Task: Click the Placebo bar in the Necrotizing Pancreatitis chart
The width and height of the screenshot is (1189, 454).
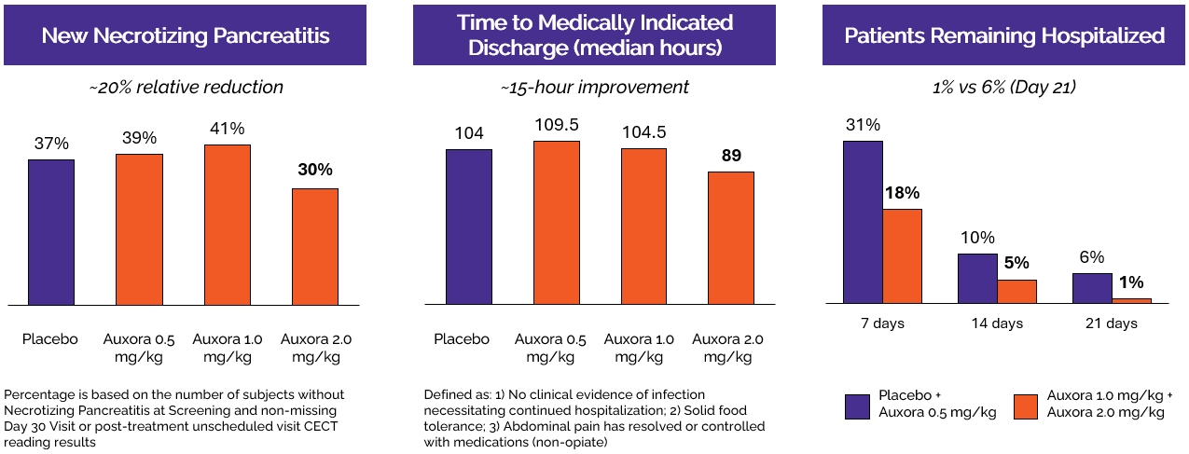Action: click(x=50, y=232)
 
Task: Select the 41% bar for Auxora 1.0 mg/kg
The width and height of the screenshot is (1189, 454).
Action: click(x=227, y=225)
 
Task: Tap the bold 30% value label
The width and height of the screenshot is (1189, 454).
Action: click(x=315, y=170)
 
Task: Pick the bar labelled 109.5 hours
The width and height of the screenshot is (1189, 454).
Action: click(x=556, y=223)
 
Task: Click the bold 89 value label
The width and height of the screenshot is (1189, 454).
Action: click(x=731, y=155)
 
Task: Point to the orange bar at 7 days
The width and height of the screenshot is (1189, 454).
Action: click(x=902, y=256)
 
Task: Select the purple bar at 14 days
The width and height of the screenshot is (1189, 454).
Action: click(x=978, y=279)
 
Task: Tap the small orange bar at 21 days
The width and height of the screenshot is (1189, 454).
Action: click(x=1132, y=300)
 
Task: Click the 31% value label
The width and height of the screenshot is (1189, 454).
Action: click(x=863, y=125)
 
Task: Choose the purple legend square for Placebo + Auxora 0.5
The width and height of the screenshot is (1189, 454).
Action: click(x=858, y=406)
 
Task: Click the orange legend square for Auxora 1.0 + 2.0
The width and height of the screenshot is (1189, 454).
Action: click(x=1026, y=406)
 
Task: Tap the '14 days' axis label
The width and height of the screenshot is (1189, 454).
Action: click(x=997, y=323)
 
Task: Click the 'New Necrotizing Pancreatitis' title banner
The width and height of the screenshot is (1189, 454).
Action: click(x=186, y=36)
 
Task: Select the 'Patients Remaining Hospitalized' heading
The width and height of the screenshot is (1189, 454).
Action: click(x=1004, y=36)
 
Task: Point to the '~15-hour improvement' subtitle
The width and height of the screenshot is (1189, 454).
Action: click(x=594, y=88)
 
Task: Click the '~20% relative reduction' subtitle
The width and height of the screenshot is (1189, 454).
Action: click(x=186, y=88)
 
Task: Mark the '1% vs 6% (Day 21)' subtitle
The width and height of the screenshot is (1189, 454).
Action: click(x=1004, y=88)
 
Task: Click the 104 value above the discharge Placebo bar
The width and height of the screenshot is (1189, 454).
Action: click(x=469, y=133)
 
